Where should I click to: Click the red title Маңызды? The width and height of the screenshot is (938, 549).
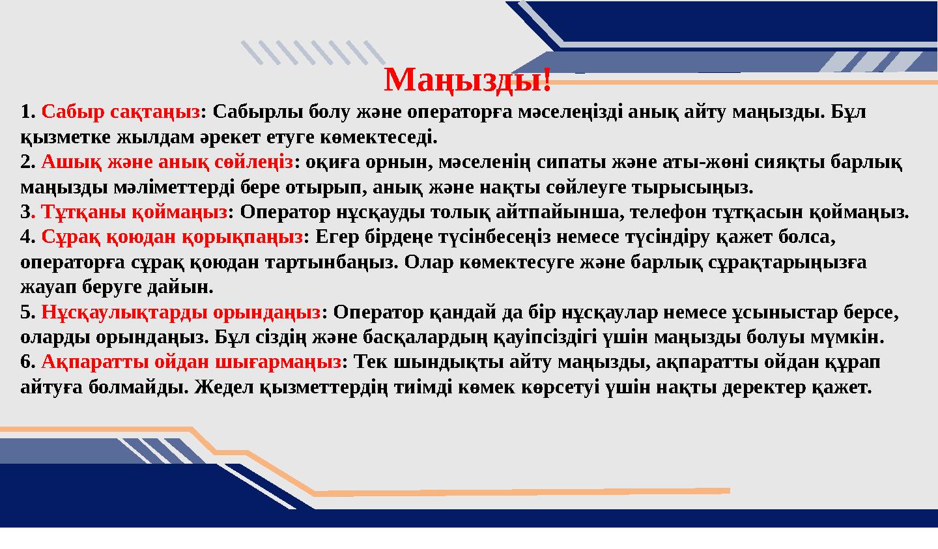point(468,80)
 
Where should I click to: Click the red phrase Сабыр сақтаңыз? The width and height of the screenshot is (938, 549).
point(121,112)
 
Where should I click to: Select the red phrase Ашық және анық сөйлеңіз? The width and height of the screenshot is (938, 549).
point(167,162)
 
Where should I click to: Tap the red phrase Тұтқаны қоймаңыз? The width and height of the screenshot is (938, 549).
point(135,212)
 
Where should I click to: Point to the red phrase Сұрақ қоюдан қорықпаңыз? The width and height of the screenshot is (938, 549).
point(172,237)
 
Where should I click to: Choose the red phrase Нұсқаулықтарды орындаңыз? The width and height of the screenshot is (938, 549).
point(181,313)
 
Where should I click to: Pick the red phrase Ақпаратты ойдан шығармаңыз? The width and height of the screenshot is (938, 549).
point(191,362)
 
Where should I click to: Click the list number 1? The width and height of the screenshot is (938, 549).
point(26,112)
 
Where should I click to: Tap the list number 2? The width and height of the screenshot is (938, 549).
point(26,162)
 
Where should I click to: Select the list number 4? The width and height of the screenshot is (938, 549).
point(26,237)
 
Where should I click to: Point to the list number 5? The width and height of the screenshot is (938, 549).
point(26,313)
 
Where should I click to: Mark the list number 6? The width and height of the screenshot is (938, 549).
point(26,362)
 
